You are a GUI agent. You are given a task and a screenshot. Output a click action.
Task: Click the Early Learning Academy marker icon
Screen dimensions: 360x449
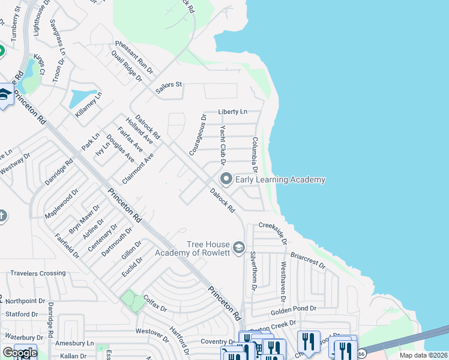click(226, 179)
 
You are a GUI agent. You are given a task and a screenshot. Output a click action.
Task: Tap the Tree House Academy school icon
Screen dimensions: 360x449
click(239, 248)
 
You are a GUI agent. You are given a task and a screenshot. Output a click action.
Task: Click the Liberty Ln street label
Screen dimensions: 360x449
click(232, 112)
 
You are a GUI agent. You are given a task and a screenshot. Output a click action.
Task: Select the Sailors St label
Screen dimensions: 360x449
click(169, 85)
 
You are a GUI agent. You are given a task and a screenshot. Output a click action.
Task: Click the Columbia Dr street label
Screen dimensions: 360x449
click(255, 155)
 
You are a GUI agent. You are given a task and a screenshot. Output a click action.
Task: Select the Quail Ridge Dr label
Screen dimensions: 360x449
click(126, 66)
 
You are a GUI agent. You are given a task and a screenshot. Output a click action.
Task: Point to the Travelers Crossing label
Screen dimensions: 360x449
click(37, 274)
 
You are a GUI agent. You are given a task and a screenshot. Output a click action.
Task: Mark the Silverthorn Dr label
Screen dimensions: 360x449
click(253, 271)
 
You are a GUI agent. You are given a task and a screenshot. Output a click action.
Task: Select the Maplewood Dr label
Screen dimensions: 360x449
click(61, 205)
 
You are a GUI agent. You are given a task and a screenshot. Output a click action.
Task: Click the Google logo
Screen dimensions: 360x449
click(20, 353)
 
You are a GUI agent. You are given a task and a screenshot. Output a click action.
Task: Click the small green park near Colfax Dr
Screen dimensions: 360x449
click(133, 301)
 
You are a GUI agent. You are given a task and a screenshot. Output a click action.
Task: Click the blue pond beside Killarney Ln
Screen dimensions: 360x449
click(82, 97)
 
